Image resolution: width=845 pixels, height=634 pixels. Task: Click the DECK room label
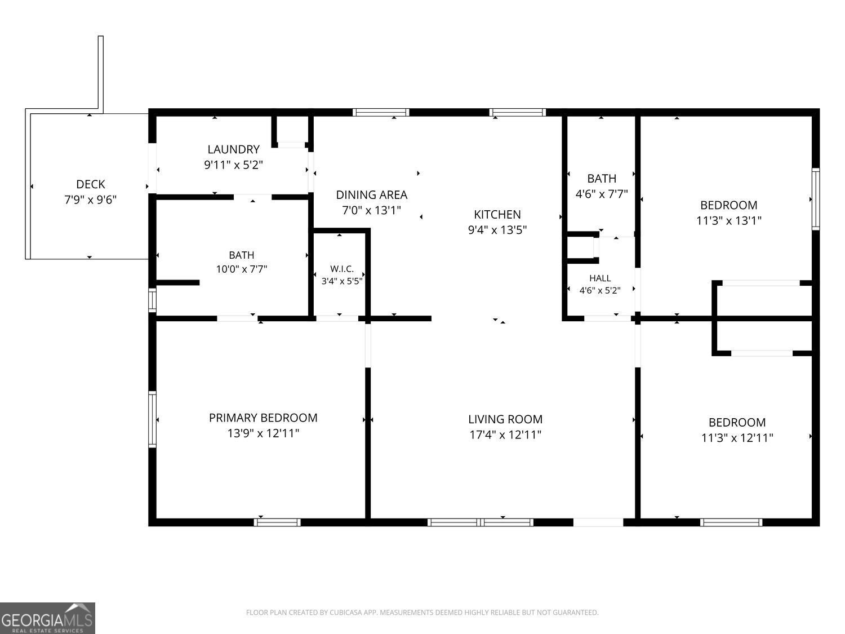pyautogui.click(x=91, y=184)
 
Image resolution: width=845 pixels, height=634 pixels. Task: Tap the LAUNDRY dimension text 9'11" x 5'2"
pyautogui.click(x=233, y=165)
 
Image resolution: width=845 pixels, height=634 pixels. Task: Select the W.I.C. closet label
pyautogui.click(x=342, y=269)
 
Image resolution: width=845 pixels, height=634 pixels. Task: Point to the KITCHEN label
pyautogui.click(x=497, y=214)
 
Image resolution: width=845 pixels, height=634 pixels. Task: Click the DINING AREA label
pyautogui.click(x=371, y=195)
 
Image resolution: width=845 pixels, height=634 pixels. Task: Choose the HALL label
pyautogui.click(x=600, y=278)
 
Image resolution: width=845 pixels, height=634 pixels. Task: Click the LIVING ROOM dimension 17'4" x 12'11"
pyautogui.click(x=505, y=435)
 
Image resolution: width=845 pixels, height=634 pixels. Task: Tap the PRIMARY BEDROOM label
pyautogui.click(x=263, y=418)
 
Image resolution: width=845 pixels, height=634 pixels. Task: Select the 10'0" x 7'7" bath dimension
pyautogui.click(x=241, y=269)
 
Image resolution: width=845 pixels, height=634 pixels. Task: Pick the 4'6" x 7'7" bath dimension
pyautogui.click(x=601, y=194)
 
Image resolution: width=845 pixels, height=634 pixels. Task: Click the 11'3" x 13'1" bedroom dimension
pyautogui.click(x=729, y=220)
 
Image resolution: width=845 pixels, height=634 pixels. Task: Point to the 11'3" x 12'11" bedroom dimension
pyautogui.click(x=737, y=438)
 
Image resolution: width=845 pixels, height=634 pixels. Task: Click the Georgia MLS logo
pyautogui.click(x=47, y=618)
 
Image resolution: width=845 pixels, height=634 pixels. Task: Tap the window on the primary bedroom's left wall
pyautogui.click(x=153, y=419)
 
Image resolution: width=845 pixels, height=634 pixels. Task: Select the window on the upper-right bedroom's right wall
pyautogui.click(x=815, y=199)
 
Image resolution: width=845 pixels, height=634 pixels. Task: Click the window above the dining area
pyautogui.click(x=381, y=112)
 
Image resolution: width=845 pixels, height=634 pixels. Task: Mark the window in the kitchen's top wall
pyautogui.click(x=517, y=112)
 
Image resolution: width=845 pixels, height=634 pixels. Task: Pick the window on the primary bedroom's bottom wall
pyautogui.click(x=277, y=522)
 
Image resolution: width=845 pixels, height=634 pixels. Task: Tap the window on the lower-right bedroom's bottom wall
pyautogui.click(x=731, y=522)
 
